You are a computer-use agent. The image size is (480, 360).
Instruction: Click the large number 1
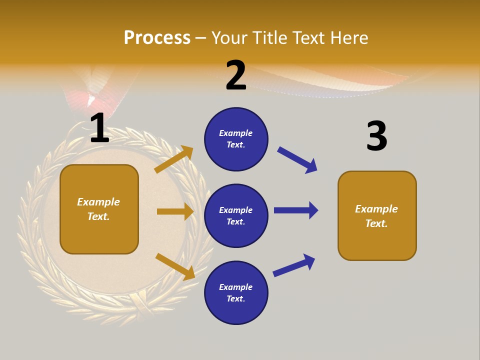pyautogui.click(x=99, y=128)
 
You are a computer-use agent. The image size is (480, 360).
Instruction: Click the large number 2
pyautogui.click(x=236, y=76)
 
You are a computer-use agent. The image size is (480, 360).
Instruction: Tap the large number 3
pyautogui.click(x=376, y=136)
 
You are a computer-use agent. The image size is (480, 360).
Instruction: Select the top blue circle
pyautogui.click(x=236, y=139)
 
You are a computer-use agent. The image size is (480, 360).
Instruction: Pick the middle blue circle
pyautogui.click(x=236, y=216)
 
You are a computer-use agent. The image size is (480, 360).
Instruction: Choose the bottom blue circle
pyautogui.click(x=236, y=293)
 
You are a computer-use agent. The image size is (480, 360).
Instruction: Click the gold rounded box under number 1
pyautogui.click(x=99, y=209)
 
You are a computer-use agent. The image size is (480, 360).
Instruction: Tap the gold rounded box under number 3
pyautogui.click(x=377, y=216)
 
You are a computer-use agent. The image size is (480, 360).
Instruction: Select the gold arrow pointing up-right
pyautogui.click(x=174, y=159)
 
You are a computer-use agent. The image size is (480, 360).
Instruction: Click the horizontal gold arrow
pyautogui.click(x=175, y=211)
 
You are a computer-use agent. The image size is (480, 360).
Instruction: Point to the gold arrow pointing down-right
pyautogui.click(x=175, y=266)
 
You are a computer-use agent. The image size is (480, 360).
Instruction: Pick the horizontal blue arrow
pyautogui.click(x=295, y=210)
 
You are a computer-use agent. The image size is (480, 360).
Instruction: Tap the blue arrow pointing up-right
pyautogui.click(x=294, y=265)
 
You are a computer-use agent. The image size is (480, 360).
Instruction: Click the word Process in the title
pyautogui.click(x=157, y=38)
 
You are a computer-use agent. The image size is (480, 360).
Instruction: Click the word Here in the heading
pyautogui.click(x=348, y=38)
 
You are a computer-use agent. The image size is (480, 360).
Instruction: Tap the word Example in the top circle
pyautogui.click(x=236, y=133)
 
